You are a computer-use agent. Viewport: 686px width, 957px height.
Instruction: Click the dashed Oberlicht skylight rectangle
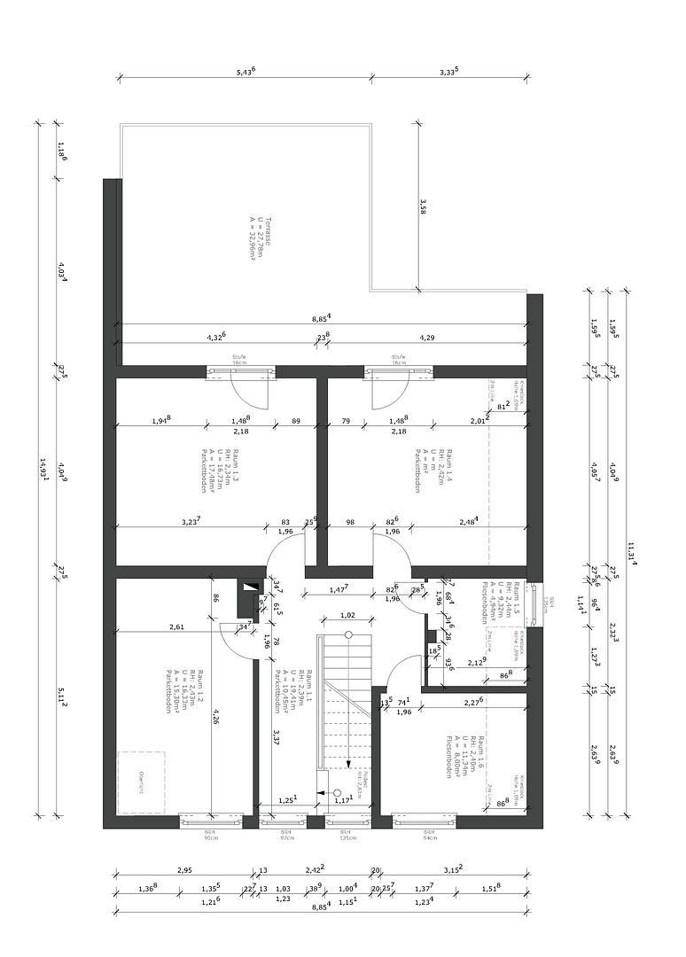click(x=141, y=782)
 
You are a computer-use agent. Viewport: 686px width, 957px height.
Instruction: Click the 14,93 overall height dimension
click(x=42, y=468)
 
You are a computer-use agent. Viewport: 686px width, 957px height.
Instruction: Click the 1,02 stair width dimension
click(x=347, y=615)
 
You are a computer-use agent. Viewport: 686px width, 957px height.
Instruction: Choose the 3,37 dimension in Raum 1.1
click(x=277, y=738)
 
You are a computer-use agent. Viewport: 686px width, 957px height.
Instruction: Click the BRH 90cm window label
click(x=211, y=836)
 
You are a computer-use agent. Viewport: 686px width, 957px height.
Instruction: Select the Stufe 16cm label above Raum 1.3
click(x=238, y=359)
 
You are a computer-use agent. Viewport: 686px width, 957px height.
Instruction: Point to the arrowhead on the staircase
click(x=348, y=763)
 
